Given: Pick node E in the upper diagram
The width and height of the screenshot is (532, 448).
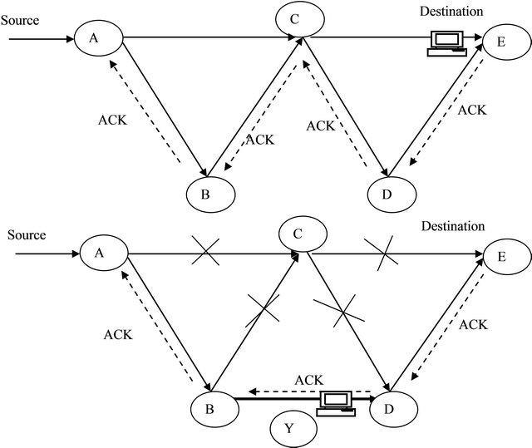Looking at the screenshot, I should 507,42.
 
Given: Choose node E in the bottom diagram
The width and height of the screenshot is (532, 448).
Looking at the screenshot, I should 506,257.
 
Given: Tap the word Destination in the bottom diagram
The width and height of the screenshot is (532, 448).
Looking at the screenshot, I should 452,226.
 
